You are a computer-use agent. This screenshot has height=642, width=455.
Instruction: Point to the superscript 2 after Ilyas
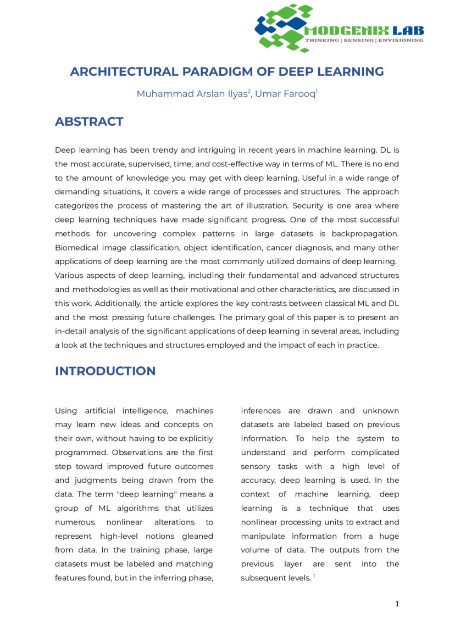tap(249, 91)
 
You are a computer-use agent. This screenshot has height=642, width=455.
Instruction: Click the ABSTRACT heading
tap(89, 122)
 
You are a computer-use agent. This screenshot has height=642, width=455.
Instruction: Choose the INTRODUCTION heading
tap(105, 371)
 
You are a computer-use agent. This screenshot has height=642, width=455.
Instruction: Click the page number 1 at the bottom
tap(397, 604)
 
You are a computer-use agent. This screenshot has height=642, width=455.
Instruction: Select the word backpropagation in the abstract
tap(365, 234)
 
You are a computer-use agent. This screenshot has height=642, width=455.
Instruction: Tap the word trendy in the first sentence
tap(169, 150)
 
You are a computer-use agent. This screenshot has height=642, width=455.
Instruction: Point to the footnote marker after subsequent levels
tap(314, 576)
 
